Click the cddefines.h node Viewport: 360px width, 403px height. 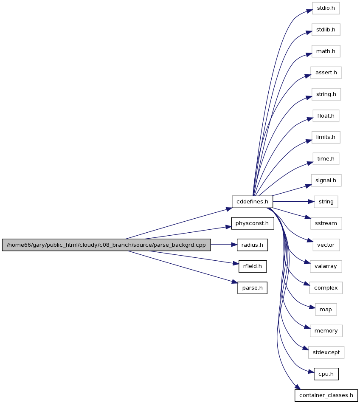tap(252, 202)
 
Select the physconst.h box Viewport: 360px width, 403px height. tap(252, 223)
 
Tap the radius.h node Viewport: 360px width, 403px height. tap(252, 245)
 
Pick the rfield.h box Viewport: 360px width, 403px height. tap(252, 266)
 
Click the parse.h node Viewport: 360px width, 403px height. tap(252, 288)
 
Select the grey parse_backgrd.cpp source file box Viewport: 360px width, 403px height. tap(107, 245)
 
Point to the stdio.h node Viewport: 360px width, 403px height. tap(326, 8)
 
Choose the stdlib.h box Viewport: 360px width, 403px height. tap(326, 30)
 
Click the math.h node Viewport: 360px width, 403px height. tap(326, 51)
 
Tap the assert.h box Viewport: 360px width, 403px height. tap(326, 73)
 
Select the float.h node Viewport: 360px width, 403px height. tap(326, 116)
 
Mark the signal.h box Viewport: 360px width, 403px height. tap(326, 180)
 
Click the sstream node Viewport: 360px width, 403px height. tap(326, 223)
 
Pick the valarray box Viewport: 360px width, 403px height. tap(326, 266)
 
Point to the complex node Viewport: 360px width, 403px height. tap(326, 288)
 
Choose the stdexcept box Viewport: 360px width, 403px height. tap(326, 352)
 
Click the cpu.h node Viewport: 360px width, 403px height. tap(326, 374)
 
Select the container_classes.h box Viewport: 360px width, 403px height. tap(326, 395)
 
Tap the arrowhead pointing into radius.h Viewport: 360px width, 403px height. tap(234, 245)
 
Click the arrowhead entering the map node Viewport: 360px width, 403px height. tap(312, 307)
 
